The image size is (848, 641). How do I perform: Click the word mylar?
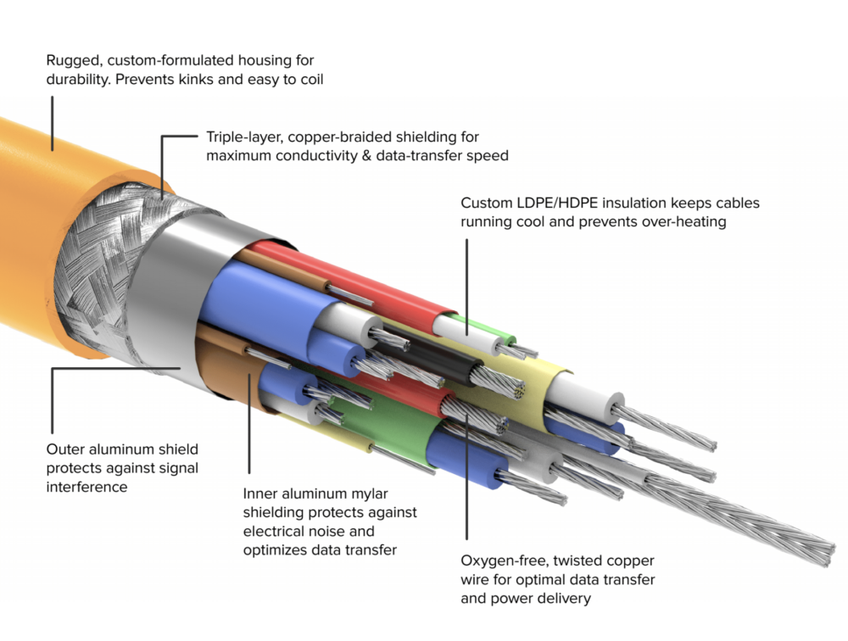click(385, 494)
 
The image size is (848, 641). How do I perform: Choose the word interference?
click(87, 487)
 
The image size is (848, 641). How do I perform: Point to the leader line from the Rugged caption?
click(52, 123)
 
